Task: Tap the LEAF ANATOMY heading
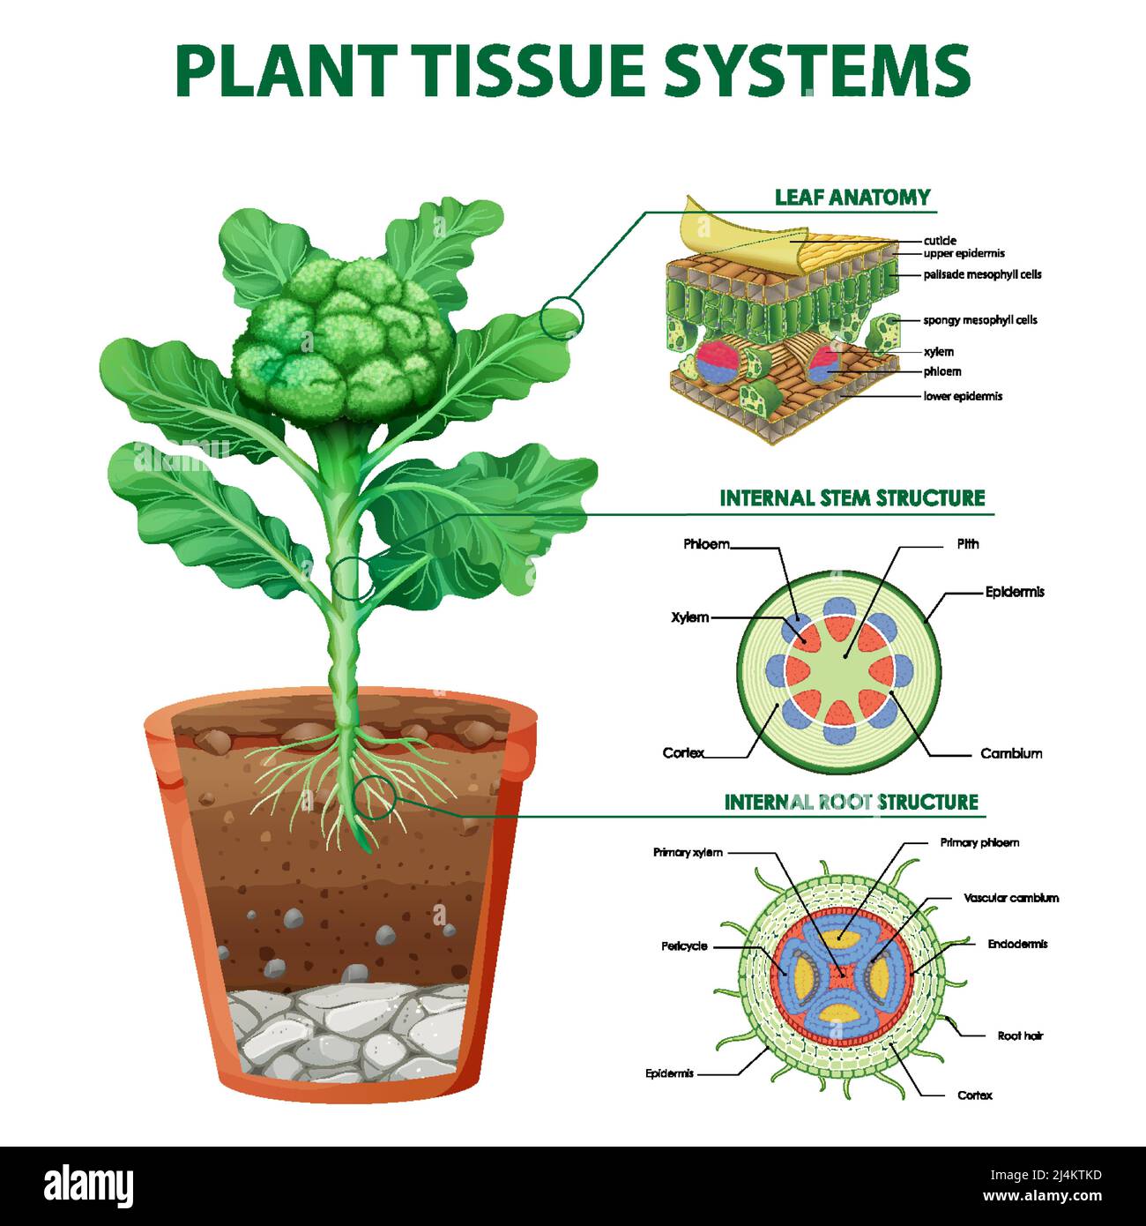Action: pyautogui.click(x=852, y=198)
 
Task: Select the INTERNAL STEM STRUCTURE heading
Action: pyautogui.click(x=852, y=497)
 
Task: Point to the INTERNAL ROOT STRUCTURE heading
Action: pyautogui.click(x=851, y=802)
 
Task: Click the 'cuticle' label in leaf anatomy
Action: pyautogui.click(x=940, y=241)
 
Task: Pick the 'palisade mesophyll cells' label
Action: pyautogui.click(x=982, y=274)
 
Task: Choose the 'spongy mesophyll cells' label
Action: pyautogui.click(x=979, y=320)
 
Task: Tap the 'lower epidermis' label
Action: pyautogui.click(x=963, y=396)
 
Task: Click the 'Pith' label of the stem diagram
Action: pyautogui.click(x=967, y=544)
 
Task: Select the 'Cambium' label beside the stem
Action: pyautogui.click(x=1011, y=753)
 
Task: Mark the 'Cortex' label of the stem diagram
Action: pyautogui.click(x=683, y=752)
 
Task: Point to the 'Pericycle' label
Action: pyautogui.click(x=684, y=946)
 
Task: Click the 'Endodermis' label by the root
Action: pyautogui.click(x=1017, y=944)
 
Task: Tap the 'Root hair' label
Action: pyautogui.click(x=1020, y=1035)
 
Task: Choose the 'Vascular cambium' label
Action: pyautogui.click(x=1011, y=898)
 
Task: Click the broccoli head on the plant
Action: pyautogui.click(x=344, y=340)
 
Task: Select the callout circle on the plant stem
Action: pyautogui.click(x=353, y=579)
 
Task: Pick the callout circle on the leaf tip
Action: pyautogui.click(x=561, y=318)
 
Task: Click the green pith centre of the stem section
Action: pyautogui.click(x=839, y=670)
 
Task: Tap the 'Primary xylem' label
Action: pyautogui.click(x=688, y=852)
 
